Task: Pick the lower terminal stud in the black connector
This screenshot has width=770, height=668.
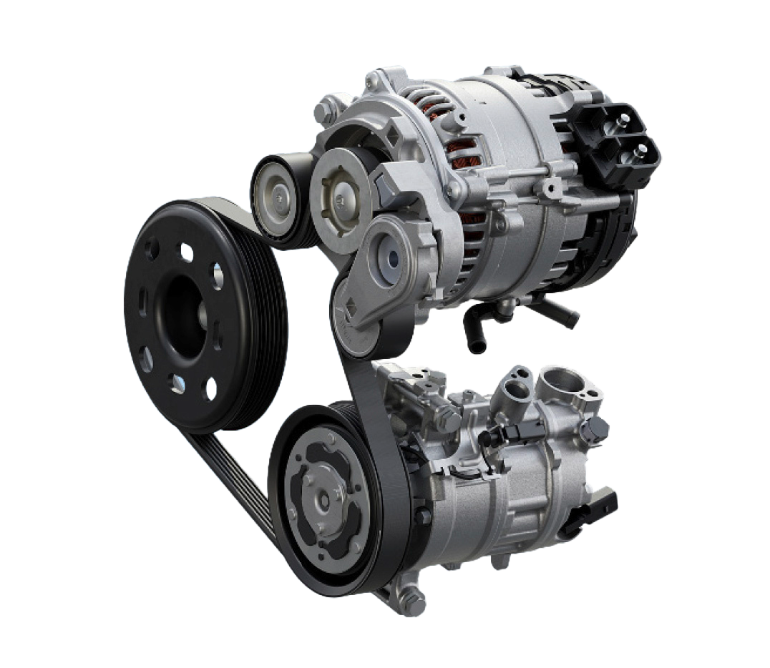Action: point(639,150)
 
